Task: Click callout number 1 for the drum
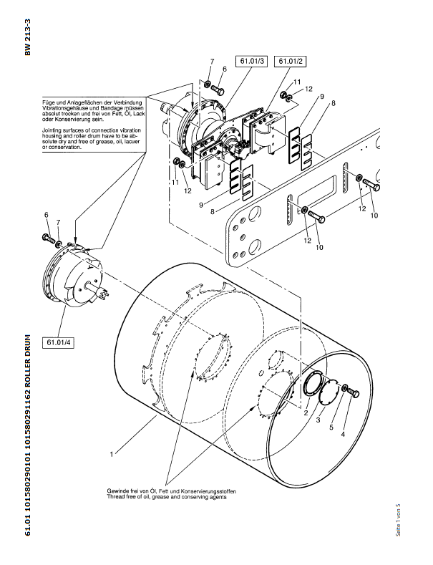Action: (x=111, y=454)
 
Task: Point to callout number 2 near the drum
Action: (x=306, y=413)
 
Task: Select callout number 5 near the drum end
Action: (x=331, y=428)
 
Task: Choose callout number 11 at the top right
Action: (x=297, y=82)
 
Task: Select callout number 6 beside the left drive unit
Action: (x=47, y=215)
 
